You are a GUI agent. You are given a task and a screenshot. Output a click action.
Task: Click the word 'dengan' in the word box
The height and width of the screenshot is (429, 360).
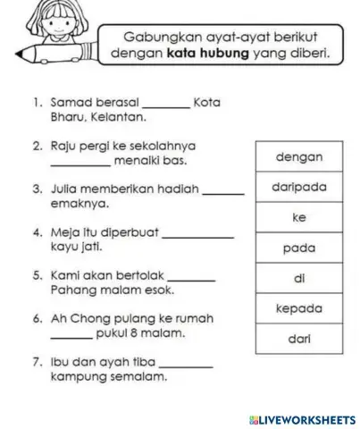point(299,157)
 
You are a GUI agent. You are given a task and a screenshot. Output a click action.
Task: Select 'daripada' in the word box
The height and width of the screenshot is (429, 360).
point(299,188)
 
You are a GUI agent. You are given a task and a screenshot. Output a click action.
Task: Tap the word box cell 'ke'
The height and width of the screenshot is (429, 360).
point(299,218)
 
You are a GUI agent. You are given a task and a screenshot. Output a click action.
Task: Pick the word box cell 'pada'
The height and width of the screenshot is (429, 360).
point(299,248)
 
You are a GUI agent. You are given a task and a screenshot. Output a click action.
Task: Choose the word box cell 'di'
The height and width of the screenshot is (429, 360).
point(299,279)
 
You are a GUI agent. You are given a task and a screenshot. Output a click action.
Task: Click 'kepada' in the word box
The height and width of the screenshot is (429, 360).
point(299,309)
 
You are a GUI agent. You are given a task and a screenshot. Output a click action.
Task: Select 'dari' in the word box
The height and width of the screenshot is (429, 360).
point(299,340)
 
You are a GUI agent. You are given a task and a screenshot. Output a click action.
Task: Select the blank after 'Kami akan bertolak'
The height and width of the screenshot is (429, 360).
point(192,279)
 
